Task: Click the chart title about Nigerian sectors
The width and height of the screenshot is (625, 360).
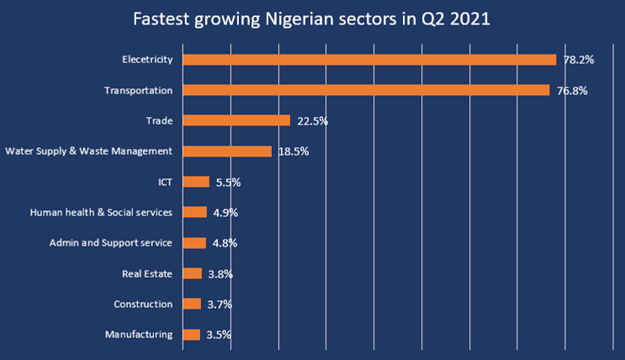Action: coord(312,18)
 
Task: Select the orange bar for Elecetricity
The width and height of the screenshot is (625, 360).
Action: coord(369,60)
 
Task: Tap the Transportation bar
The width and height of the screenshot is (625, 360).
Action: coord(366,90)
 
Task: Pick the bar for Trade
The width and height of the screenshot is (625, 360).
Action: coord(236,120)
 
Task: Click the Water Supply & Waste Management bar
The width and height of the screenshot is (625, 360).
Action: coord(227,151)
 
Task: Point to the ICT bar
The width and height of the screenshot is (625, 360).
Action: coord(196,182)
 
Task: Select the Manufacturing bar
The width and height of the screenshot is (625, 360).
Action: coord(192,335)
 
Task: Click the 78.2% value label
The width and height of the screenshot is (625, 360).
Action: coord(579,61)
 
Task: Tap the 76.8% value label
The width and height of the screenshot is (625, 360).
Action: coord(572,91)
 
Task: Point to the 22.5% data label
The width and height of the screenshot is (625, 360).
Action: coord(312,121)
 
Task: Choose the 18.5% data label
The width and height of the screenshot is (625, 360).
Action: coord(294,152)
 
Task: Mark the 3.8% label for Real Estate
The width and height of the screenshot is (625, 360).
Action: coord(220,274)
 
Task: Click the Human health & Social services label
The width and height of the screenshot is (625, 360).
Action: coord(101,212)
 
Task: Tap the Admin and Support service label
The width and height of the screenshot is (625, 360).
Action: coord(110,243)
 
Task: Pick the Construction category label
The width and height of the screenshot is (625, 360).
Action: coord(143,304)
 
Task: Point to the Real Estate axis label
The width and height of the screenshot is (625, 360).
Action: coord(147,273)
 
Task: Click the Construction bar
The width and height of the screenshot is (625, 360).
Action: coord(192,304)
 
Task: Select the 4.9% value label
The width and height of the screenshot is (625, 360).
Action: coord(225,213)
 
